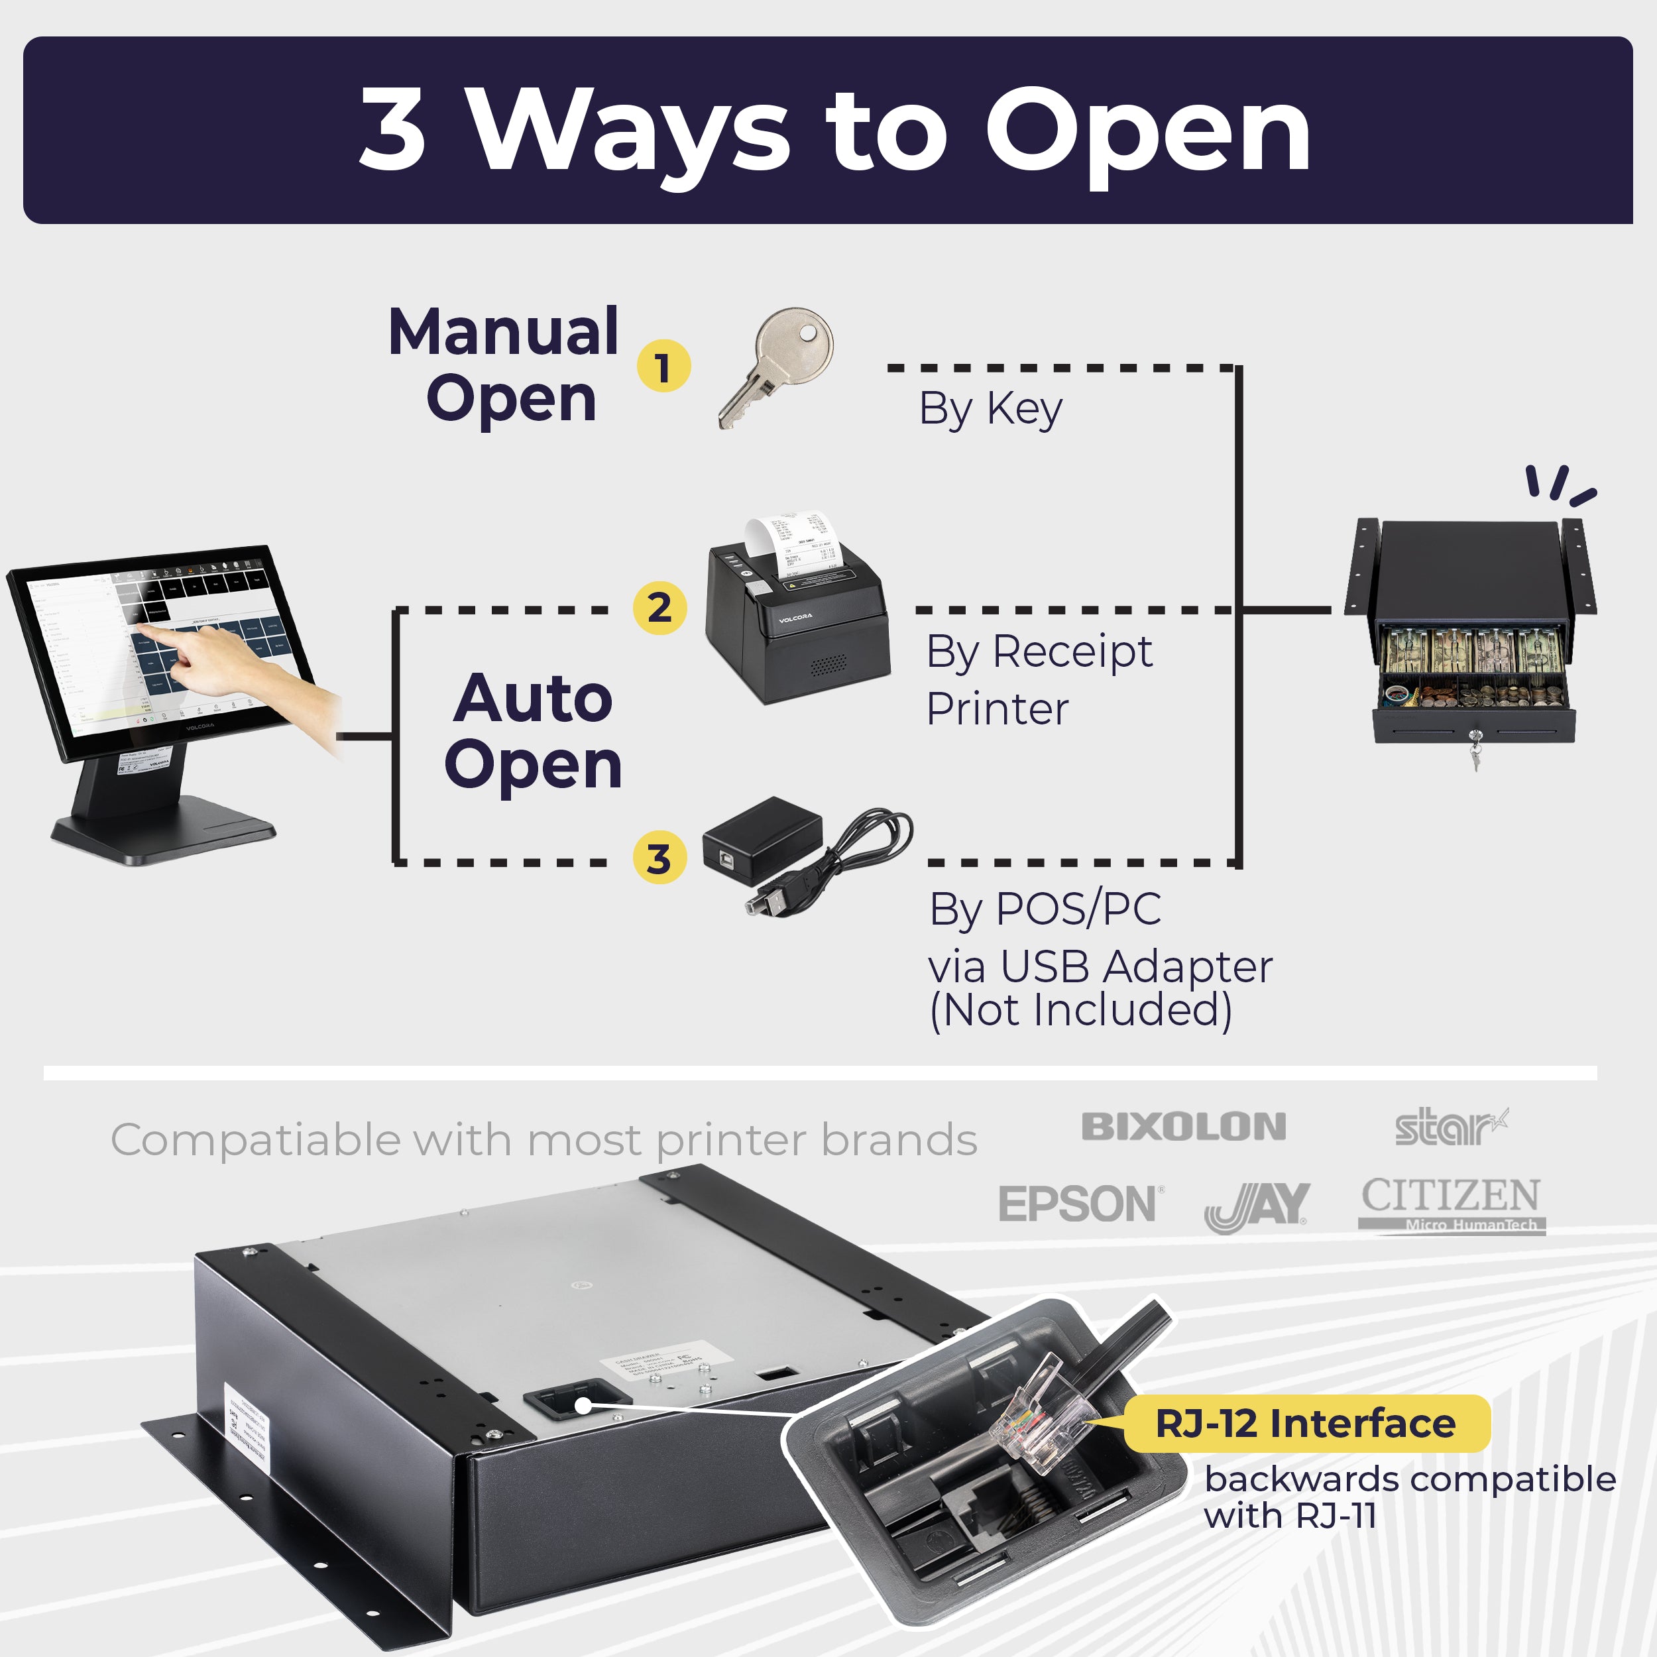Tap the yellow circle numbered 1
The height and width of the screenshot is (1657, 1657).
[x=663, y=367]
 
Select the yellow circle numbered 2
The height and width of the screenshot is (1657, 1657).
[x=659, y=608]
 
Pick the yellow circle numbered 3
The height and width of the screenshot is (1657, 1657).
[x=659, y=858]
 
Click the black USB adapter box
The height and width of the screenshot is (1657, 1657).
[x=762, y=839]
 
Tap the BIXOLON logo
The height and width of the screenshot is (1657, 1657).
[x=1184, y=1127]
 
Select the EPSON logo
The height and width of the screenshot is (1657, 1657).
[x=1079, y=1204]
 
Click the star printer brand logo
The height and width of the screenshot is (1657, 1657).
[x=1450, y=1127]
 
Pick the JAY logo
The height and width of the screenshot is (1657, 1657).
[x=1257, y=1206]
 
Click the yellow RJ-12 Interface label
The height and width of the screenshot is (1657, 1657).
[x=1305, y=1424]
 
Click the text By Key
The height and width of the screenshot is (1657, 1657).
[x=991, y=408]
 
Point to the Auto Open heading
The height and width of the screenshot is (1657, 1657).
[x=533, y=730]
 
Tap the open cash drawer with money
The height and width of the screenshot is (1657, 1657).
[x=1473, y=669]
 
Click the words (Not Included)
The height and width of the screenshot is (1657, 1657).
[x=1080, y=1010]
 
